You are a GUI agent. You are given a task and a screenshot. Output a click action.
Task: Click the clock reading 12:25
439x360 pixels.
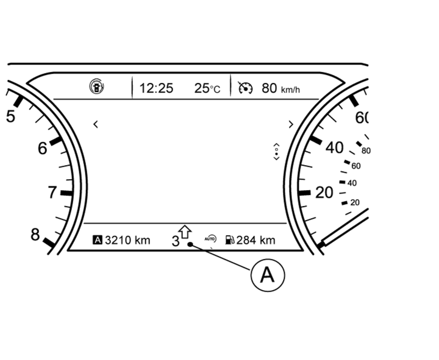tap(156, 88)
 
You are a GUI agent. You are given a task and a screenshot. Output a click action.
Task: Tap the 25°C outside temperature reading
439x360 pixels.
tap(207, 88)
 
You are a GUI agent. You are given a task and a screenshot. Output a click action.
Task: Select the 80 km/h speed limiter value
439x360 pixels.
tap(281, 88)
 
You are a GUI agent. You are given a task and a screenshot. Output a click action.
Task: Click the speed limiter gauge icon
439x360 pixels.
tap(245, 88)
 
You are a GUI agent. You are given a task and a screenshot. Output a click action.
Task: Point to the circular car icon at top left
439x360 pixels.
tap(97, 86)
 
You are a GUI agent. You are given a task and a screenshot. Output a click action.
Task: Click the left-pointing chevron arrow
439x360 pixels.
tap(96, 124)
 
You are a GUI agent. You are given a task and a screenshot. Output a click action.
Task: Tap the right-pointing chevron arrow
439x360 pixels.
tap(291, 124)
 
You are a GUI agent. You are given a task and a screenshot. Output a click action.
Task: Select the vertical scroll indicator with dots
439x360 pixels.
tap(276, 152)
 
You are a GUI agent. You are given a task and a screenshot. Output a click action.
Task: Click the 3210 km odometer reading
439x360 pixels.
tap(127, 240)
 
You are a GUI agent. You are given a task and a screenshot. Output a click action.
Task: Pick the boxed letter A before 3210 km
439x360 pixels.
tap(98, 240)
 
